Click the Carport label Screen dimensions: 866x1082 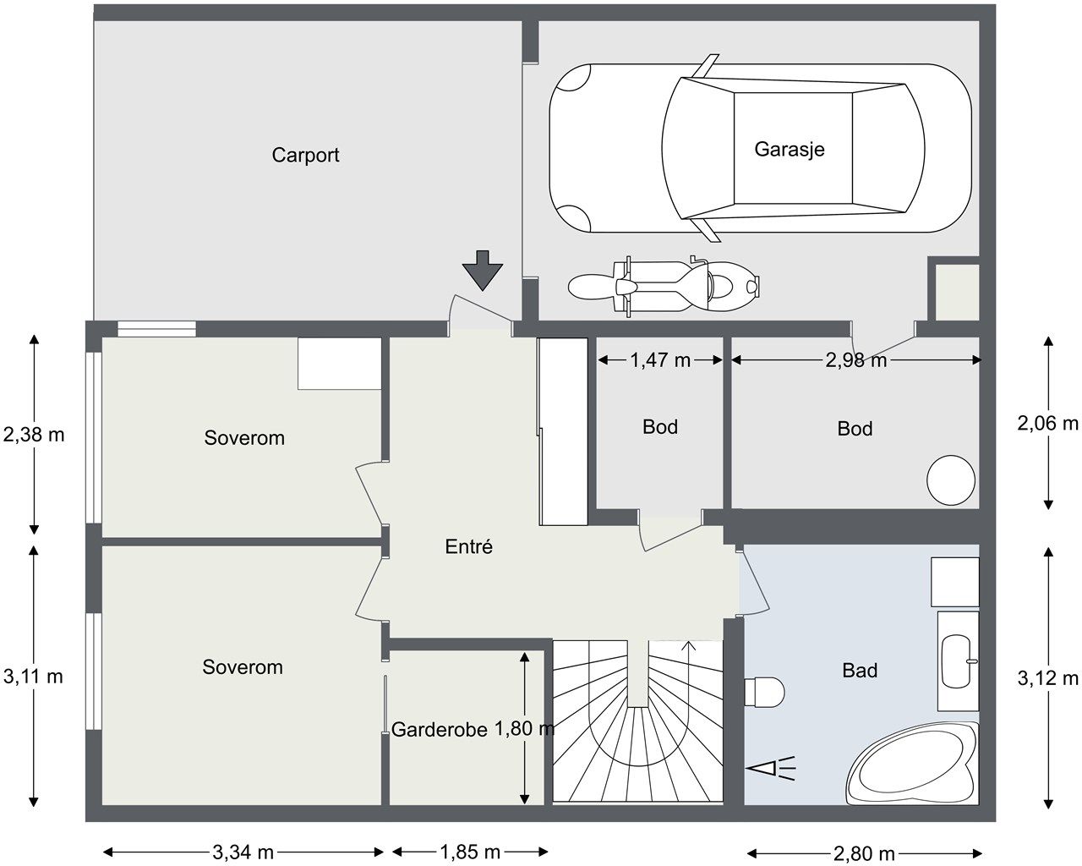tap(305, 156)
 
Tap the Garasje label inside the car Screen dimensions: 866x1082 tap(789, 150)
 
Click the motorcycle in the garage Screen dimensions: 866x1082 tap(664, 286)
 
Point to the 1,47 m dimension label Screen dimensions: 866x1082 tap(660, 360)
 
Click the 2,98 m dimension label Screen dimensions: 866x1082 tap(855, 360)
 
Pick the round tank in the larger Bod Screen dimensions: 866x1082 tap(951, 481)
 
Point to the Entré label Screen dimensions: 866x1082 tap(468, 547)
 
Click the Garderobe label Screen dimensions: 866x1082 tap(439, 730)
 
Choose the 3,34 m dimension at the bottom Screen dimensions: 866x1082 tap(243, 852)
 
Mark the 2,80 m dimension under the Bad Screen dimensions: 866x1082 tap(865, 853)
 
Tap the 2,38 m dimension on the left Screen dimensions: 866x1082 tap(34, 436)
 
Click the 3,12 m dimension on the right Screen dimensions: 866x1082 tap(1048, 677)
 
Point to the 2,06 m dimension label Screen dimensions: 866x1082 tap(1048, 424)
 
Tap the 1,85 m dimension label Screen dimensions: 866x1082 tap(469, 852)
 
